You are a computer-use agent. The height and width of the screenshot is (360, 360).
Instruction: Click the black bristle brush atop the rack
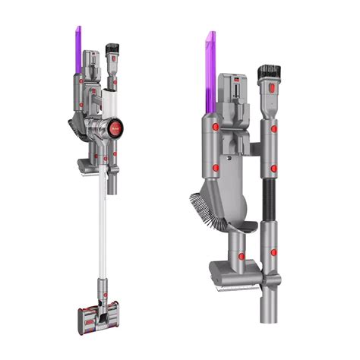tap(268, 74)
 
